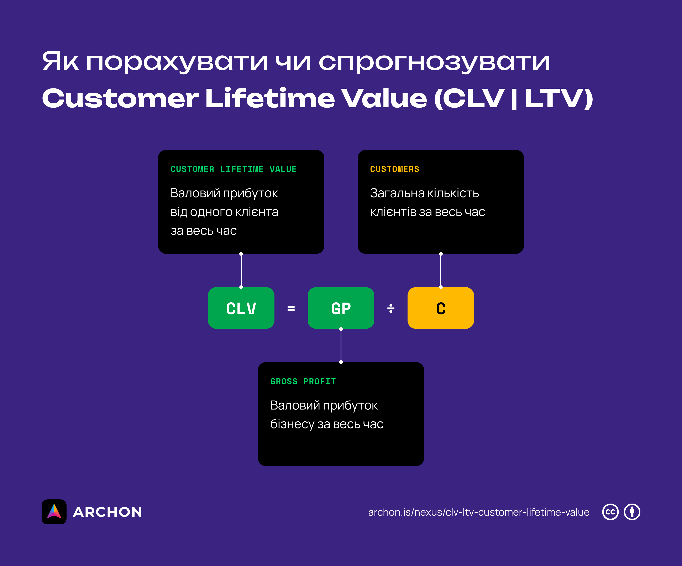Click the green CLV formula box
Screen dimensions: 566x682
tap(241, 308)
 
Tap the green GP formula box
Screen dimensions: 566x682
tap(341, 308)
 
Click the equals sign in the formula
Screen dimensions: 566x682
tap(291, 308)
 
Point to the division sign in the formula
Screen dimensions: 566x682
tap(391, 308)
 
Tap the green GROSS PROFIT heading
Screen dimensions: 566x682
tap(303, 381)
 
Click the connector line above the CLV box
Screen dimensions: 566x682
tap(241, 271)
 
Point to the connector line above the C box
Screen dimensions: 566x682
tap(441, 271)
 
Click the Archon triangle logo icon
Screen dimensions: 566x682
tap(54, 512)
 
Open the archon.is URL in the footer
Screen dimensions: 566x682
tap(478, 512)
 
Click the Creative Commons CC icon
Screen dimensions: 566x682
tap(610, 512)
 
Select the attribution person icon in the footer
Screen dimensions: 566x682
tap(632, 512)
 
